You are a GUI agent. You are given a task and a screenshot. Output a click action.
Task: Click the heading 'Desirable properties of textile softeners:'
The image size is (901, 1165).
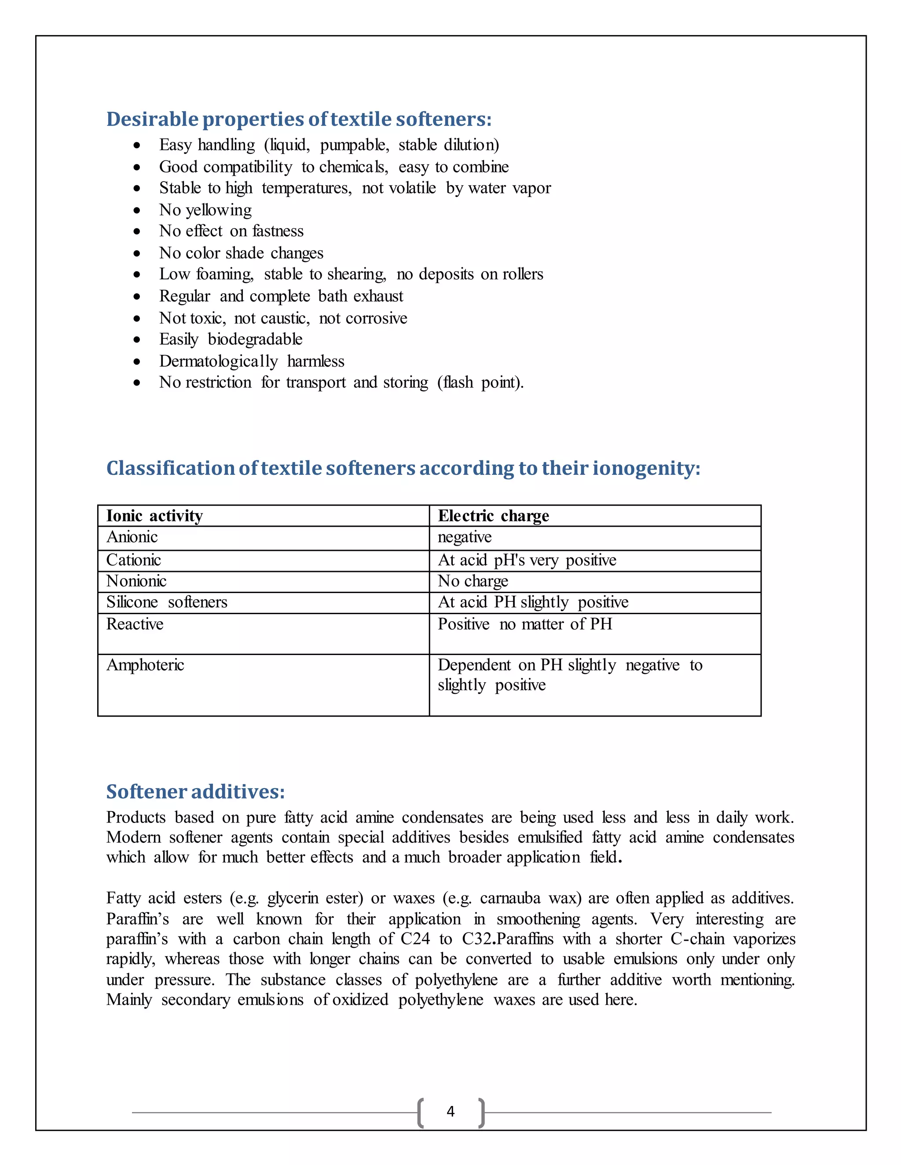[x=298, y=119]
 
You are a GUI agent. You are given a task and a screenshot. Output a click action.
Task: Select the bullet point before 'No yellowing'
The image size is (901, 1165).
[x=137, y=211]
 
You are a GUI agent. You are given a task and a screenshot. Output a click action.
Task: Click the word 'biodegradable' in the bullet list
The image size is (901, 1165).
[x=255, y=339]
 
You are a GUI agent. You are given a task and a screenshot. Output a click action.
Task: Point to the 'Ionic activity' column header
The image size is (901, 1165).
[x=154, y=516]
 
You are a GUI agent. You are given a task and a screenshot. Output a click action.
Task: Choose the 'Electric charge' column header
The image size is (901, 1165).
[x=493, y=516]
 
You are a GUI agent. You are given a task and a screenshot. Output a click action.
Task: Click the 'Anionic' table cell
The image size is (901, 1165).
[x=132, y=537]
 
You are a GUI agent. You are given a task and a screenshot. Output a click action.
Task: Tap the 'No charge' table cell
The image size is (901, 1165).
[x=472, y=581]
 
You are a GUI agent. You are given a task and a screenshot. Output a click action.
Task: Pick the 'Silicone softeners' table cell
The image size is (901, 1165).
[x=167, y=602]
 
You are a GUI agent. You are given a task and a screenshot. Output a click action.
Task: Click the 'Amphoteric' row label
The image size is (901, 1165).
[x=145, y=665]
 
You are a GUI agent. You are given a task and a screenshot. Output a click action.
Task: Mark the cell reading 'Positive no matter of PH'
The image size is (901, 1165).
[x=525, y=624]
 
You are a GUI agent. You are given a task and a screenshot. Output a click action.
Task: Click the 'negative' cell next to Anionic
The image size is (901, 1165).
[x=465, y=537]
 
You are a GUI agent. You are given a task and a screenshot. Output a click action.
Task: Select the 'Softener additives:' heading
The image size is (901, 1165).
[x=195, y=792]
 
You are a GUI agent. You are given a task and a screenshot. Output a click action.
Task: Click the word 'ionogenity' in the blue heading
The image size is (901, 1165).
[x=643, y=468]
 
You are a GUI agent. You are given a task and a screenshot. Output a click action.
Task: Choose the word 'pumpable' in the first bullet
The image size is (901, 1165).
[x=354, y=145]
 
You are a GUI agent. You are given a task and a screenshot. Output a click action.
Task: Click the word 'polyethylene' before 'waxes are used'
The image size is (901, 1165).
[x=440, y=1000]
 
